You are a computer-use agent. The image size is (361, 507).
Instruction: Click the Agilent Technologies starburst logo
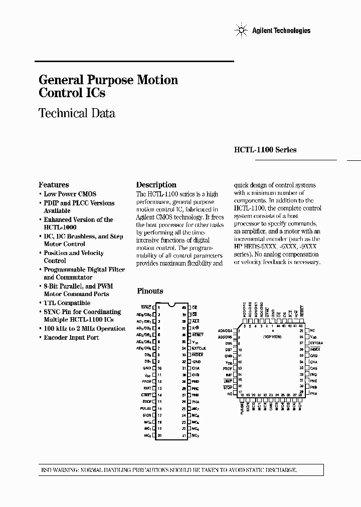tap(241, 31)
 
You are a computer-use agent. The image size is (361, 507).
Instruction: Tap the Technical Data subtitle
tap(77, 113)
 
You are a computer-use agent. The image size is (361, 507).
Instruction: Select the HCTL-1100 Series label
tap(265, 150)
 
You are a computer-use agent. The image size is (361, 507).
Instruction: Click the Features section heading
tap(54, 184)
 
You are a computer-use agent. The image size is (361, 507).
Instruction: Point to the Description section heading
tap(156, 184)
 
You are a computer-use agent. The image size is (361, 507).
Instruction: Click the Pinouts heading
tap(150, 291)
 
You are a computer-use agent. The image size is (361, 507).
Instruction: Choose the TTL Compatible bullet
tap(67, 303)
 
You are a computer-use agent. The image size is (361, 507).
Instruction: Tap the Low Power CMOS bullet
tap(70, 194)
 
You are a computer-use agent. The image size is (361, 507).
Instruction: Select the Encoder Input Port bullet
tap(71, 338)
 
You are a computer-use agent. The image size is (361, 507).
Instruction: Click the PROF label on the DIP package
tap(146, 381)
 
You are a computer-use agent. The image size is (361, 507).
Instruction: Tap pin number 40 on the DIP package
tap(184, 307)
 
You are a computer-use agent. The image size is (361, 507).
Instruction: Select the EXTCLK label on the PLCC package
tap(316, 343)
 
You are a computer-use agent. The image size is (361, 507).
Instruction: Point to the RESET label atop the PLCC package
tap(302, 312)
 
